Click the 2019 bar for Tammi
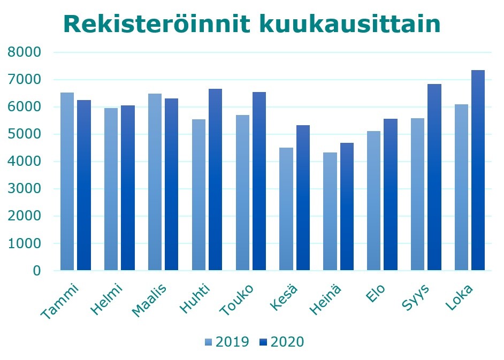67,182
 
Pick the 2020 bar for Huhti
215,179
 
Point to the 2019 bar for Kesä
286,209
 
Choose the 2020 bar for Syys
434,177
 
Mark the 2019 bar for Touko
242,193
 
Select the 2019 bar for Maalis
155,182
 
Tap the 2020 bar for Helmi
127,188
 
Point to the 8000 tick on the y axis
24,52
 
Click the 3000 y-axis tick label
24,189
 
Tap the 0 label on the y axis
37,271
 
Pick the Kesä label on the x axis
287,297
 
